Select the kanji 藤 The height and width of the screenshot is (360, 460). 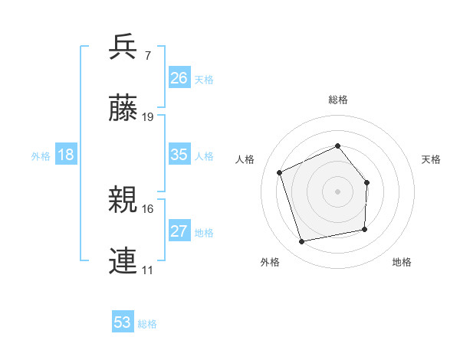pos(123,109)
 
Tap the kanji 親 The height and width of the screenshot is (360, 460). pos(123,200)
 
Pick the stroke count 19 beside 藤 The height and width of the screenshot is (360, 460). pos(149,117)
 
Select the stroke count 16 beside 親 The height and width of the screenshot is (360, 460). pos(149,208)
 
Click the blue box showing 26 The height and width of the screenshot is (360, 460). pos(179,78)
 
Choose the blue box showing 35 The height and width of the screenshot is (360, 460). pos(179,155)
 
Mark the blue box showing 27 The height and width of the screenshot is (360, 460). pos(179,231)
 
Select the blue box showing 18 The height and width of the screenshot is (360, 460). pos(66,155)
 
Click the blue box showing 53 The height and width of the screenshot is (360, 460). pos(123,322)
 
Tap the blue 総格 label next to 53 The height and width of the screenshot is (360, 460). pos(147,324)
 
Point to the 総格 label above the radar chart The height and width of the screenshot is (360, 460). pos(337,100)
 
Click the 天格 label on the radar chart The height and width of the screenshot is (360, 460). pos(432,159)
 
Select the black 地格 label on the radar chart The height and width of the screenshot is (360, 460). pos(402,262)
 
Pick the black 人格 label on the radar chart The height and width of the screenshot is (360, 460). pos(245,159)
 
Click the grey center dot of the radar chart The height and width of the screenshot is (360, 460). pos(337,191)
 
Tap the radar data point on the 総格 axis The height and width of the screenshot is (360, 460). pos(337,146)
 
